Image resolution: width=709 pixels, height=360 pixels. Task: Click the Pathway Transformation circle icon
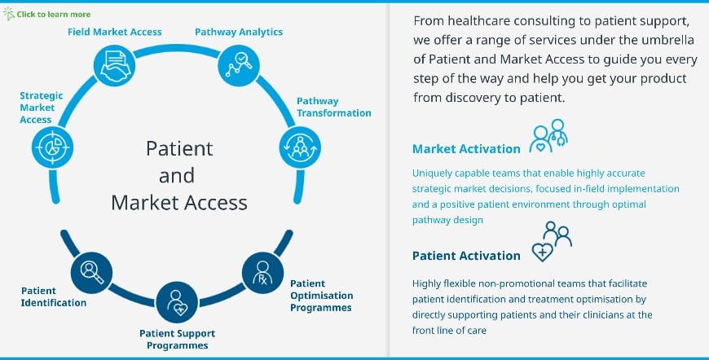click(x=300, y=146)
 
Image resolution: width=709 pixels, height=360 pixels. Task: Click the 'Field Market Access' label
click(x=114, y=32)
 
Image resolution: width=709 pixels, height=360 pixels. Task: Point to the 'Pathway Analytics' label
click(x=239, y=32)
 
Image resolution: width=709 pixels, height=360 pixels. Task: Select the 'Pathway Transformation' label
click(x=333, y=107)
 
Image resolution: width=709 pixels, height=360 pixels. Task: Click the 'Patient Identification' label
click(x=54, y=296)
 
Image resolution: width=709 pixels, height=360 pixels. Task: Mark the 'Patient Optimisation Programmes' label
click(x=322, y=295)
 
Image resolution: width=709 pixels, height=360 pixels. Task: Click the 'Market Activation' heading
click(x=466, y=149)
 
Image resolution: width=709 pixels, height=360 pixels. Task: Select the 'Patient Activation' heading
click(x=466, y=255)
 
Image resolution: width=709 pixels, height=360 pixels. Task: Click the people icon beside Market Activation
click(x=548, y=136)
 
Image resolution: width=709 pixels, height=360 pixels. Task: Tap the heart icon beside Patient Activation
click(x=543, y=251)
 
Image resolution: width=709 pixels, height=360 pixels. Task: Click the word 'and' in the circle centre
click(x=177, y=174)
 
